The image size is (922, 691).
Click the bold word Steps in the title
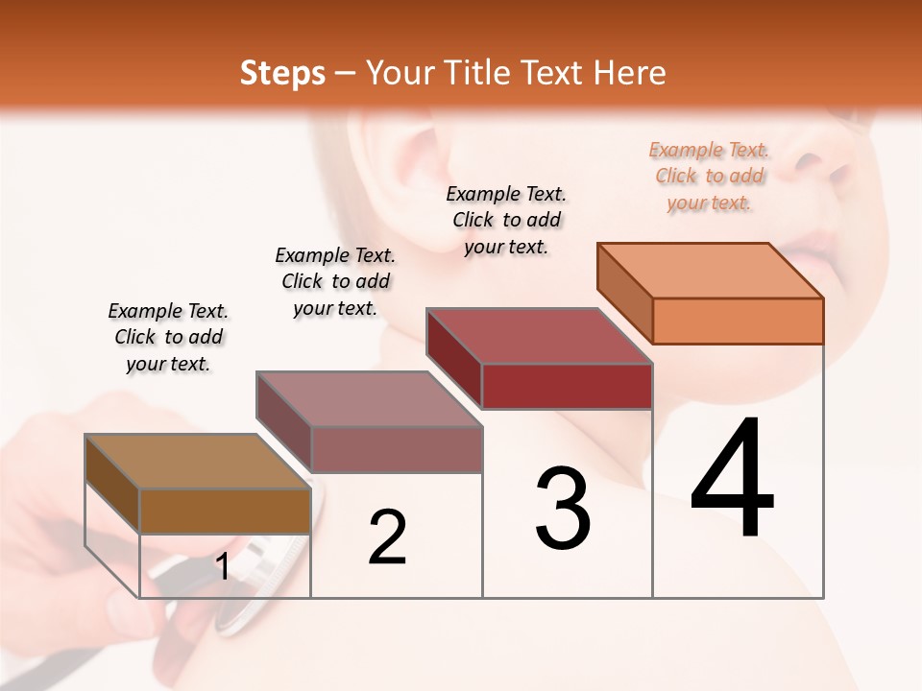[282, 73]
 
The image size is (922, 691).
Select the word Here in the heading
[630, 73]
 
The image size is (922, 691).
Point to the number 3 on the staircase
[563, 509]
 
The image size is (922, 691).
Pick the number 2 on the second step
[387, 537]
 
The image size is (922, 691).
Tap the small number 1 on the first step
[222, 566]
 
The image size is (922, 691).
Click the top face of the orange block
[710, 271]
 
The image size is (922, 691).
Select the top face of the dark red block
[539, 336]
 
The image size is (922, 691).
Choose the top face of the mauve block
[369, 399]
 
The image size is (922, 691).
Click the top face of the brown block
[198, 462]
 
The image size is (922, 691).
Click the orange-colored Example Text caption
[710, 176]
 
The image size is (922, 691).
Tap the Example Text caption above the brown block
[169, 337]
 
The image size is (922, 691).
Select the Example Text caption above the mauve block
[335, 281]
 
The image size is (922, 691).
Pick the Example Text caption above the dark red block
[506, 220]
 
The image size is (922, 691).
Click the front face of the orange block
[738, 321]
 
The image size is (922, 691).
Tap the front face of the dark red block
[567, 386]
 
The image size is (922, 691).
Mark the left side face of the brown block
[112, 484]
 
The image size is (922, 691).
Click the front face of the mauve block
[397, 449]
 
